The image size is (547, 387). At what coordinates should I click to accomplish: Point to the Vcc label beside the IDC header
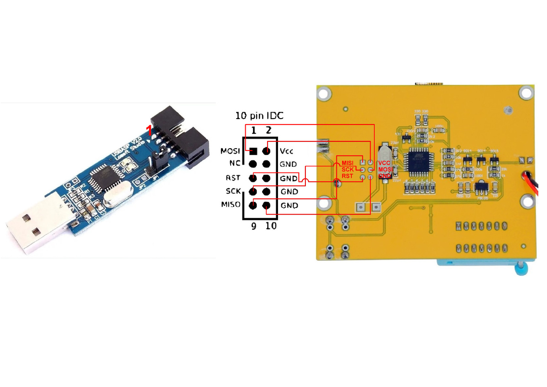287,151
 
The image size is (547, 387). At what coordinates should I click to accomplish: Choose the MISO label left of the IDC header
231,205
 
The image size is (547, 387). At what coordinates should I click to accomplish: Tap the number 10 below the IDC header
271,226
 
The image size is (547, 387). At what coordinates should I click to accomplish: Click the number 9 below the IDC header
254,226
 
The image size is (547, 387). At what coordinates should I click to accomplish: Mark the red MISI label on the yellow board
347,163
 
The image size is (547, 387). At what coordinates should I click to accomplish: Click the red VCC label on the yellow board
384,163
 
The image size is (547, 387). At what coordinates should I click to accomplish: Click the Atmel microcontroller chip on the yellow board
418,162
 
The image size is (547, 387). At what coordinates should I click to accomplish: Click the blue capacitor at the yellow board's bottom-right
519,270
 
